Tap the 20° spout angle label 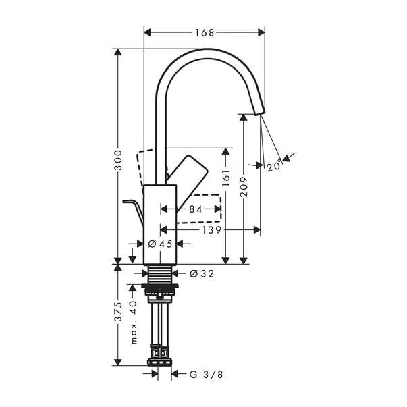(x=273, y=165)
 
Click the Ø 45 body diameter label (x=160, y=244)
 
